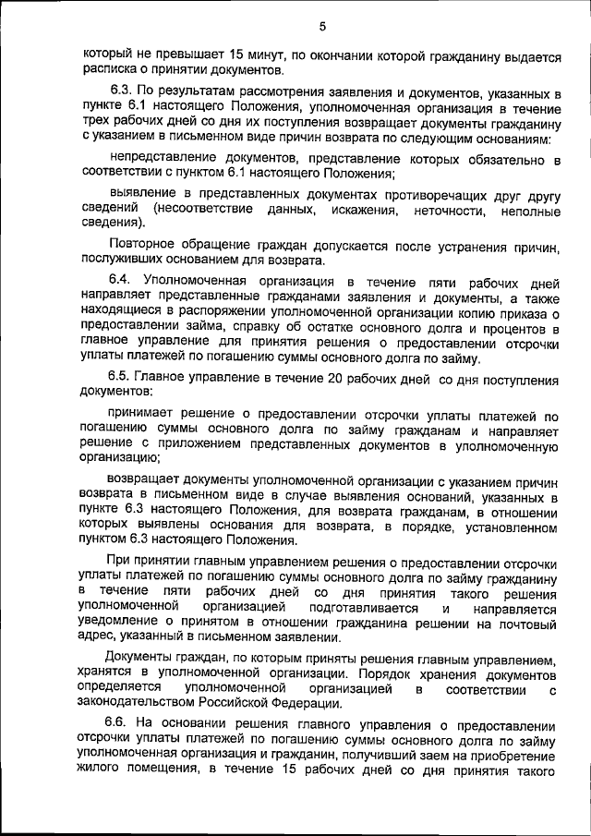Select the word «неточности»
(450, 212)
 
